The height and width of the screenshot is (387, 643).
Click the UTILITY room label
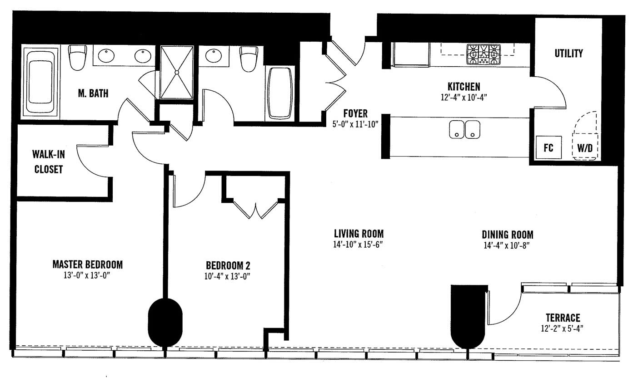click(x=568, y=54)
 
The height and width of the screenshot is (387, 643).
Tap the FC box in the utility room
click(x=548, y=147)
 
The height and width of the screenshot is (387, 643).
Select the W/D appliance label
click(x=585, y=148)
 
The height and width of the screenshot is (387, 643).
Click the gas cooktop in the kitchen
click(x=483, y=54)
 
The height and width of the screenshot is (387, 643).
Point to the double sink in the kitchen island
click(x=465, y=129)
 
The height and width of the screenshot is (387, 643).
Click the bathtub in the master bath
click(x=40, y=82)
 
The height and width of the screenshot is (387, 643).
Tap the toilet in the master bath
click(x=78, y=57)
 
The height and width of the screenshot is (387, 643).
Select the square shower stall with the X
click(x=177, y=72)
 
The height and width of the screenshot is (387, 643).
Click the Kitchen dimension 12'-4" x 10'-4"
click(x=464, y=98)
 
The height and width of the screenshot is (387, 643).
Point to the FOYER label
click(x=355, y=114)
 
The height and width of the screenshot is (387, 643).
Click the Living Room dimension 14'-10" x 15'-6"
click(x=358, y=245)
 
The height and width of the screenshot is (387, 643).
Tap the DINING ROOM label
click(x=508, y=235)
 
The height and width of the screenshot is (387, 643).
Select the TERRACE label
click(x=563, y=318)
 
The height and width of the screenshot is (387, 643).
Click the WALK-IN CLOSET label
click(x=49, y=162)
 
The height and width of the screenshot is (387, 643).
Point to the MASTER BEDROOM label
click(x=88, y=265)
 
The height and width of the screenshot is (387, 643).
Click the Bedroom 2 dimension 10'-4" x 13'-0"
click(x=227, y=276)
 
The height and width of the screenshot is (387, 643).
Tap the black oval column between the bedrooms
click(x=165, y=323)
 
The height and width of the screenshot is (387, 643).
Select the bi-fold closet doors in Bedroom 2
click(x=255, y=209)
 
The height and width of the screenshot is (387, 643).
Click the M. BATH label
click(x=93, y=93)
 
